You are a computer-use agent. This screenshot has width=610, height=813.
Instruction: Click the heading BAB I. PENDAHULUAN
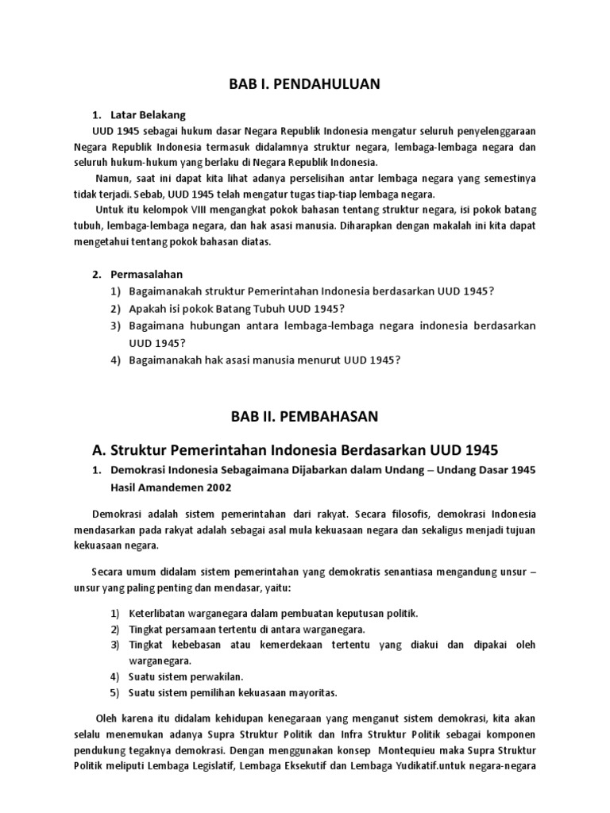pos(304,83)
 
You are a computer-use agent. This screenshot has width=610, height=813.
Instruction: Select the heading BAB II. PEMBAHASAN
pos(304,416)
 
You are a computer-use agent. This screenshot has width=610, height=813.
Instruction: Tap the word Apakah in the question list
pos(146,309)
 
